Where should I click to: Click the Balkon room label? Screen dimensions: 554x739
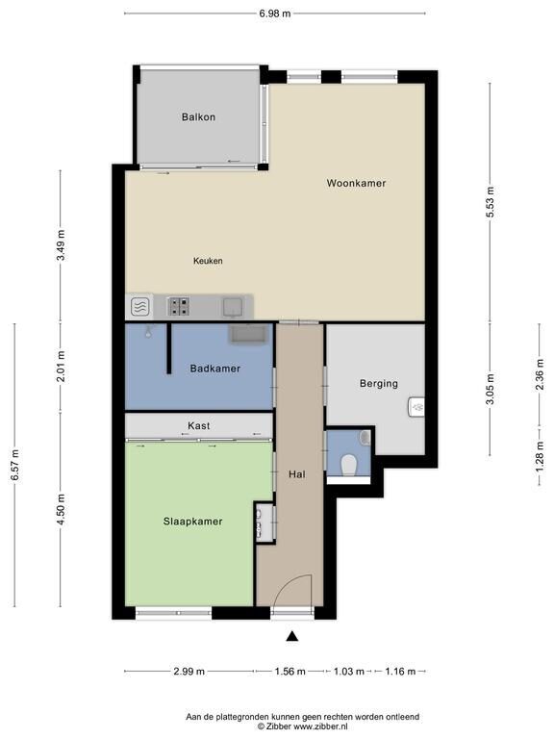[198, 116]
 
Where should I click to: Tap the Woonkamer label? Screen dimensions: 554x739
[356, 183]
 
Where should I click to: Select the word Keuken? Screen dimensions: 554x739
[208, 261]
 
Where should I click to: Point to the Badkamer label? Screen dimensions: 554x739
[215, 369]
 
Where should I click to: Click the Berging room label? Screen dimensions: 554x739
[379, 384]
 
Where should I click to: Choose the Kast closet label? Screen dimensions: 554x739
[199, 425]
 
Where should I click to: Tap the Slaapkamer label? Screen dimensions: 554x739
[192, 522]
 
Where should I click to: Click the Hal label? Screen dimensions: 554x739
[297, 474]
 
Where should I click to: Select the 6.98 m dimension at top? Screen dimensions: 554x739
[275, 13]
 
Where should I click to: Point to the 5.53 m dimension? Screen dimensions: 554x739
[490, 202]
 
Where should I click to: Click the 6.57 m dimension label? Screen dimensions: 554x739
[15, 465]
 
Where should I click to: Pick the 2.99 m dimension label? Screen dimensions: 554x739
[189, 671]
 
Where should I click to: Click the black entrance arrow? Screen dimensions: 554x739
[292, 636]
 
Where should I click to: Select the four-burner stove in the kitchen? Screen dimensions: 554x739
[180, 306]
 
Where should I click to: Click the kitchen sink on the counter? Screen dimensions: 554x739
[233, 307]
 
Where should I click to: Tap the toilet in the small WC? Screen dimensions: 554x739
[348, 465]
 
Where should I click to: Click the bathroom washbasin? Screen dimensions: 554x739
[248, 334]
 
